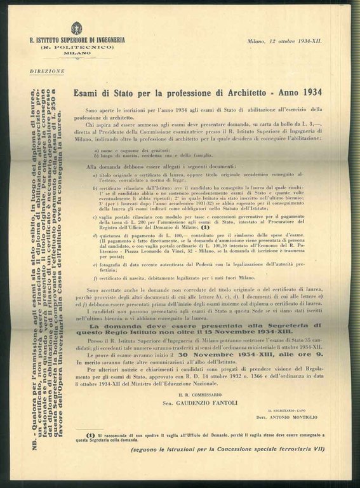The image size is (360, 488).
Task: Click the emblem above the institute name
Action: coord(77,29)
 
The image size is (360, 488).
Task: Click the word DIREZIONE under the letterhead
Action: coord(47,71)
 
